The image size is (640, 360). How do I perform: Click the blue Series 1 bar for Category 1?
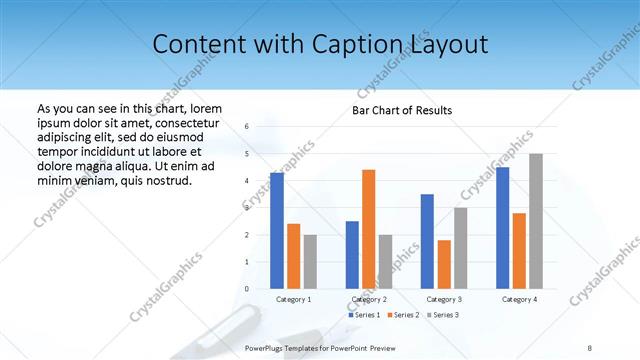coord(276,231)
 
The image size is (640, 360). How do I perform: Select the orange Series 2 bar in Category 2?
coord(368,229)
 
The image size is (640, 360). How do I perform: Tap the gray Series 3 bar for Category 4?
coord(536,221)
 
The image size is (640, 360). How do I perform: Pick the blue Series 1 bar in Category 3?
coord(427,241)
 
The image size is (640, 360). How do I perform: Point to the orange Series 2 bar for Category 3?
coord(444,264)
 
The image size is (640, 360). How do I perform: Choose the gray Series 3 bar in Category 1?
coord(310,262)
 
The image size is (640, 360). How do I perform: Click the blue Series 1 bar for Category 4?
coord(502,228)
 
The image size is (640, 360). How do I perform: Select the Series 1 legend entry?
coord(364,315)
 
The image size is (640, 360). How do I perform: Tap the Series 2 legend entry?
coord(403,315)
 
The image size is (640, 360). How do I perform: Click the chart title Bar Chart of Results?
coord(401,110)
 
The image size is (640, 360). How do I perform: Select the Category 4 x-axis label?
coord(519,299)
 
